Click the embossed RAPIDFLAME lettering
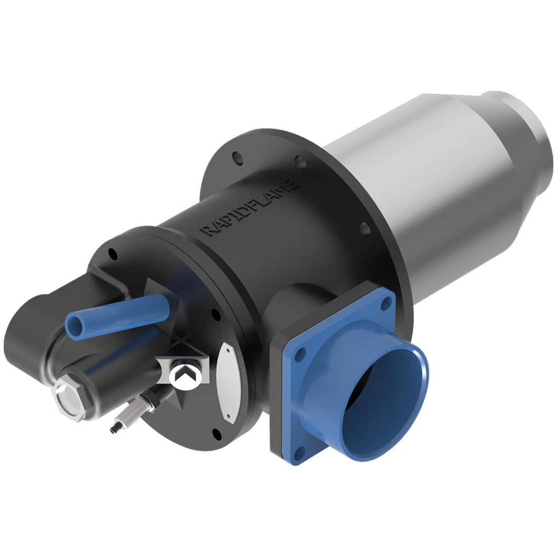point(251,209)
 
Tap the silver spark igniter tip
point(113,429)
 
